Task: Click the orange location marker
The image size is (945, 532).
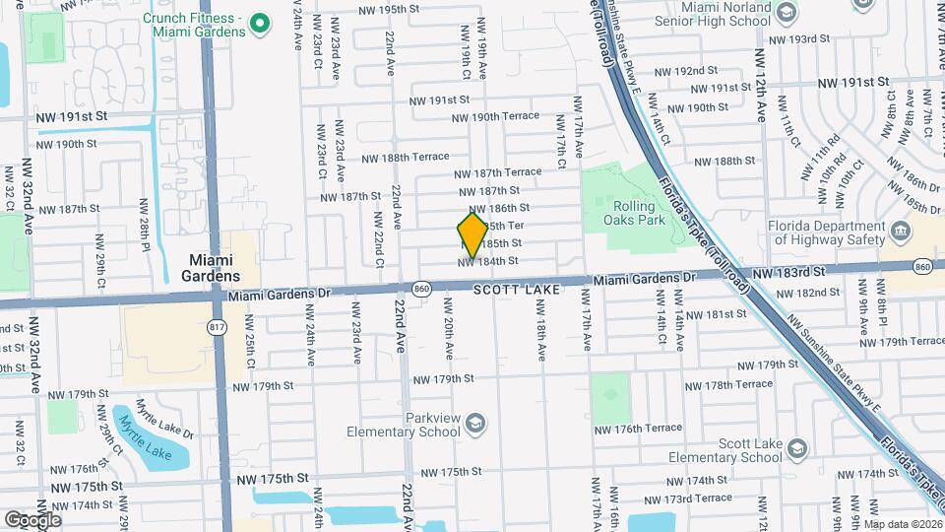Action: coord(472,235)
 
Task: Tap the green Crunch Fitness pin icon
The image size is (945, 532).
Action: coord(260,23)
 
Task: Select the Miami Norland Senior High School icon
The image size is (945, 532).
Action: coord(786,12)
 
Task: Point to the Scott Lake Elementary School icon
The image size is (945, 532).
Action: coord(797,450)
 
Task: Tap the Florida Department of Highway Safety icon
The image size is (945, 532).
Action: coord(900,232)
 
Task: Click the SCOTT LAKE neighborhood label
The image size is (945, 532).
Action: coord(516,291)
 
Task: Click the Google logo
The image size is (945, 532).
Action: coord(31,519)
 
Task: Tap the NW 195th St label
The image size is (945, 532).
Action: coord(368,9)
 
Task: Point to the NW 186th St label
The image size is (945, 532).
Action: coord(499,208)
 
